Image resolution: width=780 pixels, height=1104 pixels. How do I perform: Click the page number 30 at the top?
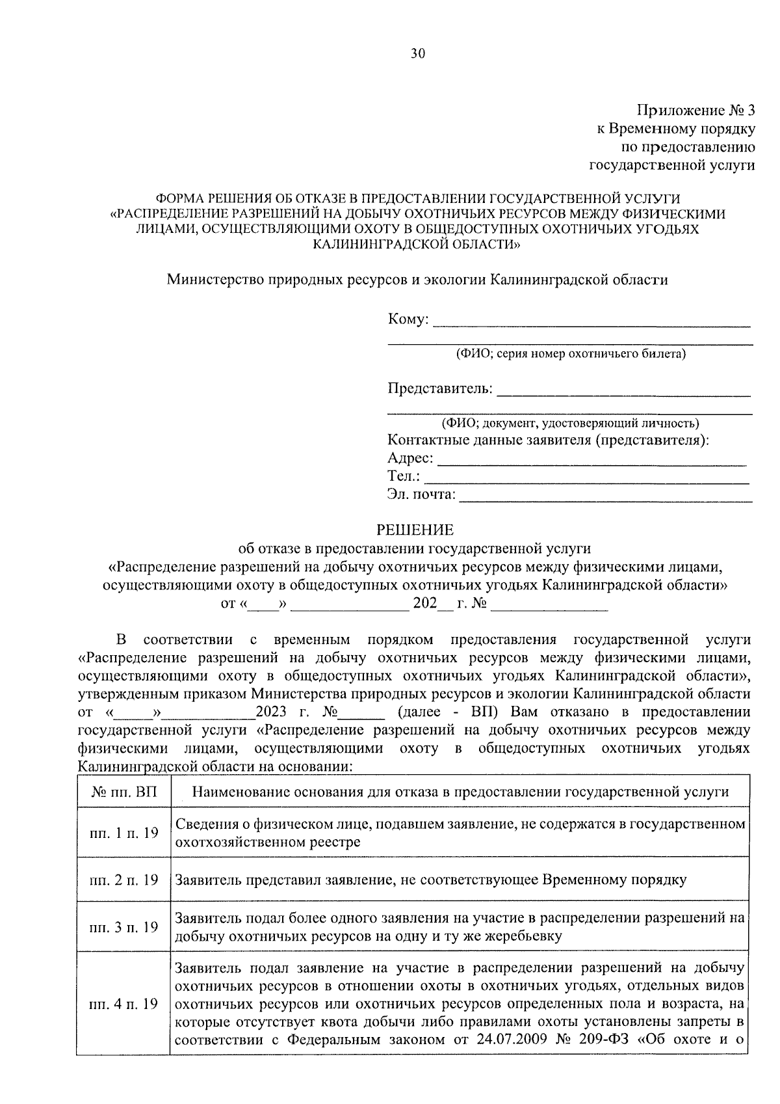click(x=417, y=53)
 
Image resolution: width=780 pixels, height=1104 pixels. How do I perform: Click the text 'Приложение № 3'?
click(x=695, y=110)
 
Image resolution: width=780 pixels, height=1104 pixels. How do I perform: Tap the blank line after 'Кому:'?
click(x=591, y=322)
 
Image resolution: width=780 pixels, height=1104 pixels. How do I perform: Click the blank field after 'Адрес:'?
click(x=591, y=461)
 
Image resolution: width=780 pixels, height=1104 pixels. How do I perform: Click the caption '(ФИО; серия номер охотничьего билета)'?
click(x=570, y=354)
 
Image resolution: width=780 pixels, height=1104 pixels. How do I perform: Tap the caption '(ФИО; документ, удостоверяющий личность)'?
click(x=570, y=424)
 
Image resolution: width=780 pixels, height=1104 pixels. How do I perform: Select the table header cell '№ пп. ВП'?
click(x=123, y=792)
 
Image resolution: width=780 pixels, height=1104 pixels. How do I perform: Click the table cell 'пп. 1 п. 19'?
click(x=123, y=833)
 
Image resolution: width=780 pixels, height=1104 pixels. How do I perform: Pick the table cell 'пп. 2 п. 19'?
click(x=123, y=880)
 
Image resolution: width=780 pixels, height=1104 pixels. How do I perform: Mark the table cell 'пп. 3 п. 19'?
click(x=123, y=927)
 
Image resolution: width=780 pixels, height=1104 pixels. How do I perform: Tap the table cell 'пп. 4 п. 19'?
click(x=123, y=1004)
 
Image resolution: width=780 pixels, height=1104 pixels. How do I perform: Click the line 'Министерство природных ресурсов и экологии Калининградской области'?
click(x=417, y=280)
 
